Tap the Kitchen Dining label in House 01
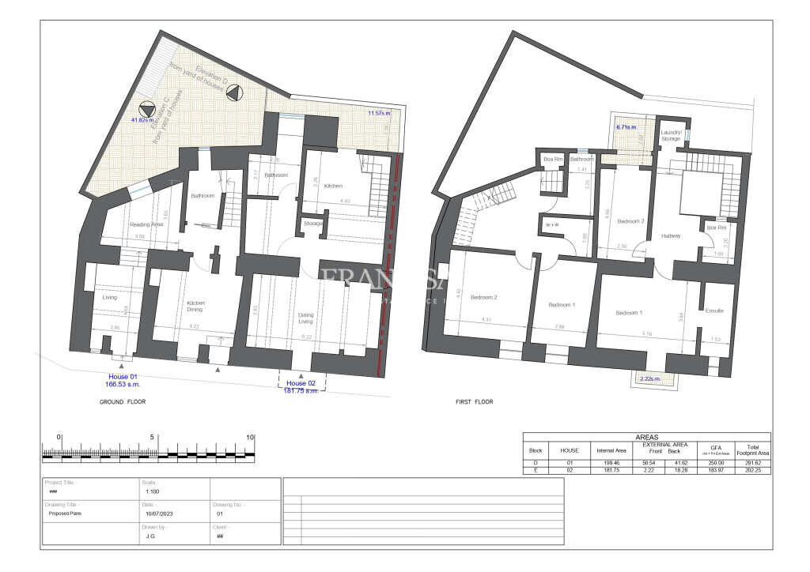[x=195, y=307]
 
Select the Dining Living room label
[x=305, y=318]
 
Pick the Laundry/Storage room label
[x=671, y=136]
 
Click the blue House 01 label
[x=123, y=377]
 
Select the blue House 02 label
[x=301, y=383]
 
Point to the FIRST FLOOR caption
[x=474, y=402]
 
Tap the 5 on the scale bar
[x=152, y=437]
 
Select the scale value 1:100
[x=150, y=491]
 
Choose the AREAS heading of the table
[x=646, y=437]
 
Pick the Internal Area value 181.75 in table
[x=611, y=471]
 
